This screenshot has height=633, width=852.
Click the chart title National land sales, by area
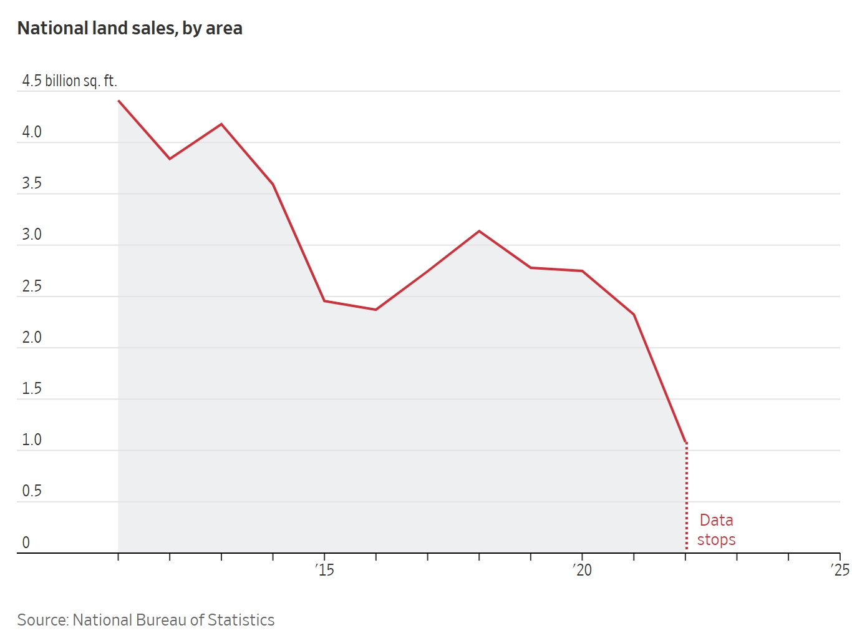coord(130,29)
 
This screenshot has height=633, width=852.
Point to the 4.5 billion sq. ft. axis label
coord(69,81)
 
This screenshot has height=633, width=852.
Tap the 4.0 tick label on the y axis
coord(32,132)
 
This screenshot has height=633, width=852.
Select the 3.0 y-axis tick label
coord(32,235)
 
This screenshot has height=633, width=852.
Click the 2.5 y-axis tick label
coord(32,287)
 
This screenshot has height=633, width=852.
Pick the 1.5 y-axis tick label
coord(32,389)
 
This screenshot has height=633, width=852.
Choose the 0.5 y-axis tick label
coord(32,491)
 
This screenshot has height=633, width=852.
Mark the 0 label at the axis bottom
coord(26,542)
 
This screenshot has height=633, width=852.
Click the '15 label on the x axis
coord(324,570)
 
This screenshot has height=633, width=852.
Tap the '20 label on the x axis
coord(582,570)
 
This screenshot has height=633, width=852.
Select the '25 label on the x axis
coord(840,570)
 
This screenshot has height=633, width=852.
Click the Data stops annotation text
coord(716,530)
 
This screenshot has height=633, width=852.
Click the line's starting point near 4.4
coord(119,101)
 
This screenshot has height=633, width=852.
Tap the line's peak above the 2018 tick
coord(479,231)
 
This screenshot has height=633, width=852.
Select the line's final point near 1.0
coord(686,443)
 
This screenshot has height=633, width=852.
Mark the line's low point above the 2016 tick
coord(375,310)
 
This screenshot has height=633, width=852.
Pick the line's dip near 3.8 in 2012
coord(170,159)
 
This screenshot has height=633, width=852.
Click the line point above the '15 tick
coord(324,301)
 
